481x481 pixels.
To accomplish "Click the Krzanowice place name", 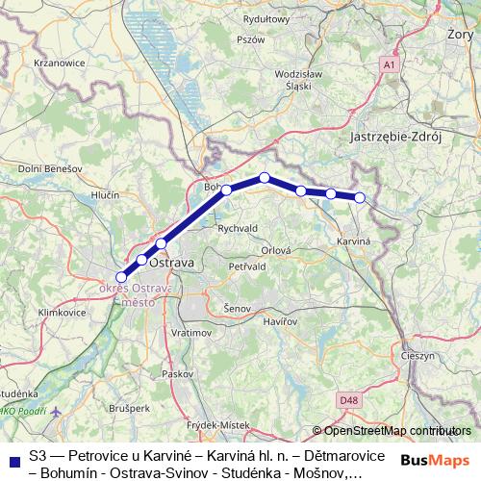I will click(x=60, y=63).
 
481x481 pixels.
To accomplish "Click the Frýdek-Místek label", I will click(x=217, y=424).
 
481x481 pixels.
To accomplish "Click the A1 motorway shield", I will click(x=389, y=64).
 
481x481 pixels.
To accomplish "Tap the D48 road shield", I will click(x=347, y=398).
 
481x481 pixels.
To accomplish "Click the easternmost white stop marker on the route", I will click(x=360, y=197).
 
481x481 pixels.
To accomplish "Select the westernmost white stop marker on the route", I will click(x=121, y=277).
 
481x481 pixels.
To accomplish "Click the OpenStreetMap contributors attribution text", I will click(x=396, y=431).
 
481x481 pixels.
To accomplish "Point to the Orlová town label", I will click(x=276, y=249).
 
